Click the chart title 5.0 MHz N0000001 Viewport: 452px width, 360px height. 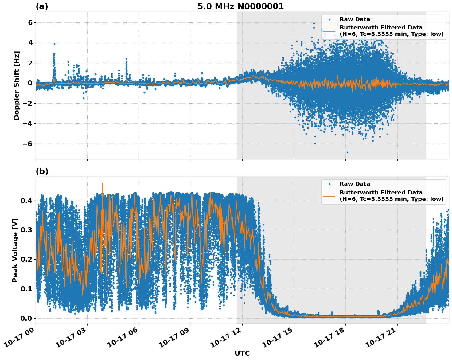[240, 6]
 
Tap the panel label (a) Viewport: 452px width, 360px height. [42, 6]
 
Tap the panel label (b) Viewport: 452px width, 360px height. [42, 171]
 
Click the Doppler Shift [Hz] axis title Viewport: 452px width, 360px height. [17, 85]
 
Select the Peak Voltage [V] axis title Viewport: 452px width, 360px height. [15, 250]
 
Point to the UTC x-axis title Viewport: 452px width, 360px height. [242, 353]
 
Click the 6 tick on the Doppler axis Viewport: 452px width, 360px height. [30, 22]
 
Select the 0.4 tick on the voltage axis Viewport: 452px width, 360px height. [26, 201]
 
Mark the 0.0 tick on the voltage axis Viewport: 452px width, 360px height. [26, 318]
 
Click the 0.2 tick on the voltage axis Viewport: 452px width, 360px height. [26, 259]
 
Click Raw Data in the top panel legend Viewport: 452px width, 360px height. [355, 19]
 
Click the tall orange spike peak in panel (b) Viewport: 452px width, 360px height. [102, 183]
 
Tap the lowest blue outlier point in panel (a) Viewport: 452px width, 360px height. [347, 152]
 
